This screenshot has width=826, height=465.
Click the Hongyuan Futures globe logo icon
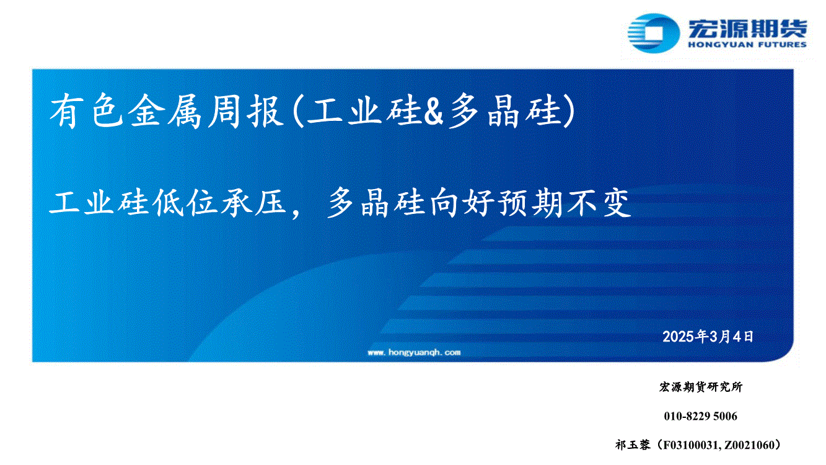tap(653, 33)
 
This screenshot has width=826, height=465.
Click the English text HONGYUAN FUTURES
tap(747, 45)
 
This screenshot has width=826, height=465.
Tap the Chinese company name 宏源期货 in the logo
tap(747, 29)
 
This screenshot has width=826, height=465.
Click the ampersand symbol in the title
tap(433, 112)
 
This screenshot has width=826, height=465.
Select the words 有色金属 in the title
tap(125, 111)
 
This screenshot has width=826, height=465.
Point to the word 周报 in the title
tap(245, 111)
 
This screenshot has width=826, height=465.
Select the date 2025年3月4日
tap(708, 337)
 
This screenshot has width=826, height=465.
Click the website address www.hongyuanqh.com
tap(414, 352)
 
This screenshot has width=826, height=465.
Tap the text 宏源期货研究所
tap(701, 387)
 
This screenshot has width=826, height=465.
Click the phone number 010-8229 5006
tap(701, 416)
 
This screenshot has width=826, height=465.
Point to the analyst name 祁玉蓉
tap(633, 445)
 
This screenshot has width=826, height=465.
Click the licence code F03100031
tap(690, 445)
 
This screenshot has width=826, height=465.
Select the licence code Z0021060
tap(747, 445)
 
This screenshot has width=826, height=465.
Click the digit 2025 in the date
tap(679, 337)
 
